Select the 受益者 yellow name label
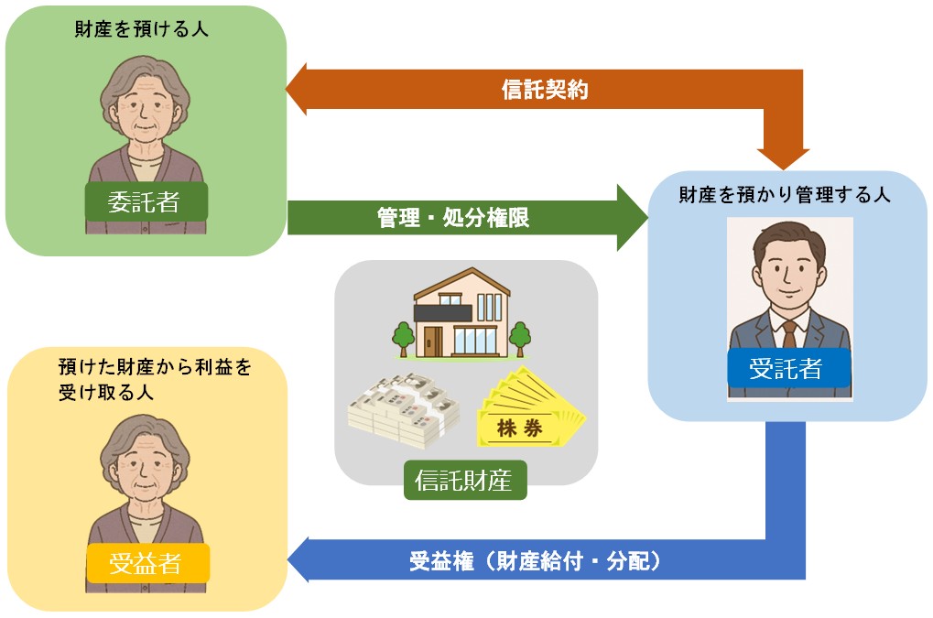pos(147,563)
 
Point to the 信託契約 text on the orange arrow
pos(545,90)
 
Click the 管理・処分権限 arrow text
pos(453,218)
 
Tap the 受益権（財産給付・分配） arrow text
pos(535,561)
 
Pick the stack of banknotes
pos(404,410)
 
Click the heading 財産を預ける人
pos(141,28)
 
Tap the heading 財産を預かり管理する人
pos(785,194)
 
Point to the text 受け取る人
pos(106,392)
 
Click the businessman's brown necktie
pos(789,334)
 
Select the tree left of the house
pos(403,338)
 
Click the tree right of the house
pos(520,338)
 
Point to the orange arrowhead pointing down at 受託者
pos(783,158)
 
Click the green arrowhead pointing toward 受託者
pos(632,218)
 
